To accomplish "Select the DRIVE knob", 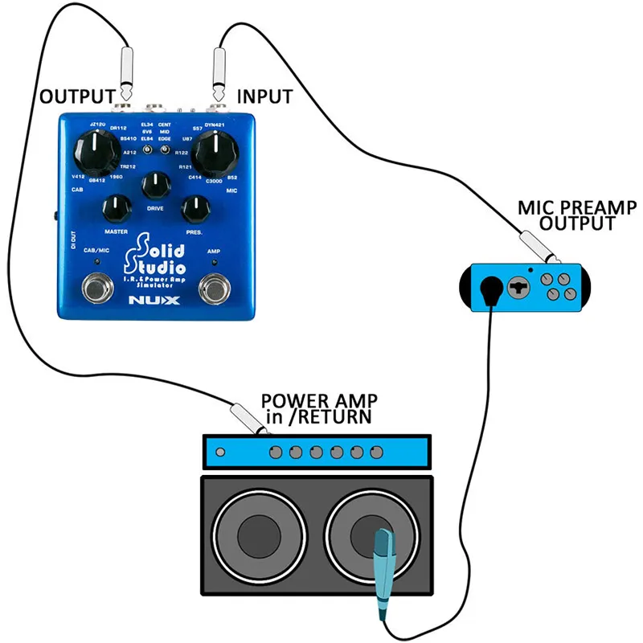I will pos(156,186).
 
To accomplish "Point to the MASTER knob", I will pos(117,209).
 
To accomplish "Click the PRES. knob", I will pos(196,209).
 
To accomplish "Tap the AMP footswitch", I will pos(215,287).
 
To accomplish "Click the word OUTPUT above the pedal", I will pos(77,97).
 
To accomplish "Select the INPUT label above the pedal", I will pos(264,97).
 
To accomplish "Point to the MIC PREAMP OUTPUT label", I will pos(577,215).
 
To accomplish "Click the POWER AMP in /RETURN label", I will pos(320,408).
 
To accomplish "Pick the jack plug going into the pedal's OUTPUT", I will pos(126,74).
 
